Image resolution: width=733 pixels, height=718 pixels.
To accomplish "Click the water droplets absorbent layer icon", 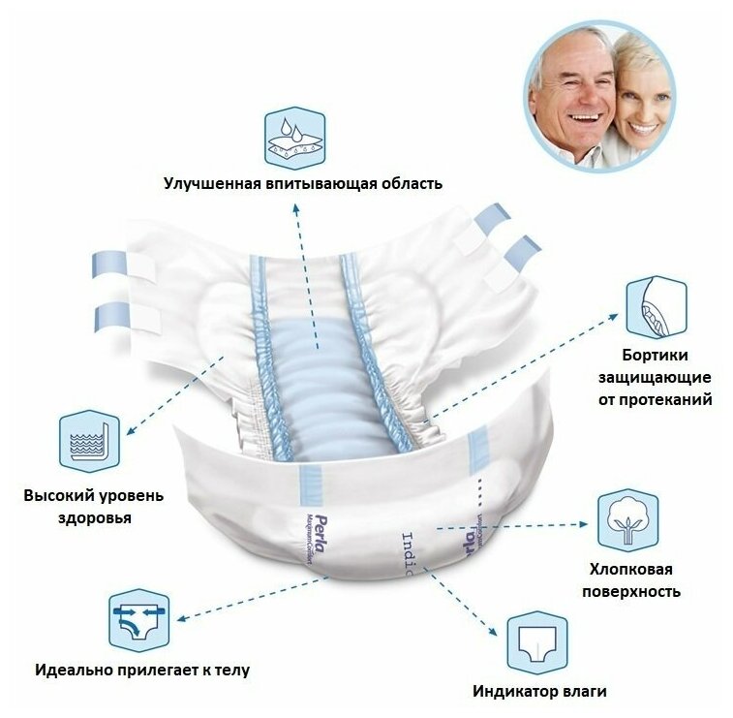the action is tap(295, 139).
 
